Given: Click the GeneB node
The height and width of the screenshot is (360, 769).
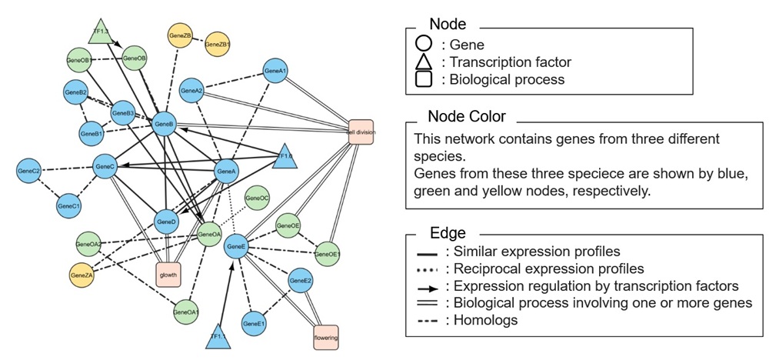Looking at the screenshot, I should coord(164,124).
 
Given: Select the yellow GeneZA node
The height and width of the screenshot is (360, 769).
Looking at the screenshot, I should coord(81,274).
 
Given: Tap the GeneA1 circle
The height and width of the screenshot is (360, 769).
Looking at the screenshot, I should coord(275,72).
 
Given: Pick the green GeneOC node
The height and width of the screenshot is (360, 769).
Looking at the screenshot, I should coord(257,198).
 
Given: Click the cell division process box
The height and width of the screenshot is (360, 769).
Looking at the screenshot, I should coord(361,132).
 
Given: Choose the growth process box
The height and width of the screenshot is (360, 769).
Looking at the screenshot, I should coord(168,275).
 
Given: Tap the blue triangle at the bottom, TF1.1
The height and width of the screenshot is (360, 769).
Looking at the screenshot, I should coord(219,335).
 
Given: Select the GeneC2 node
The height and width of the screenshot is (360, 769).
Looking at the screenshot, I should coord(28,170).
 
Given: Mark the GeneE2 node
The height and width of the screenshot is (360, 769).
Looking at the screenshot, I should coord(301,282).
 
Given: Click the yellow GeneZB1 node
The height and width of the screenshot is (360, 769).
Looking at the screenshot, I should coord(218,45).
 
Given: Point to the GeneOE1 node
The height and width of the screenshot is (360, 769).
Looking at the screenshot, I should coord(328,253).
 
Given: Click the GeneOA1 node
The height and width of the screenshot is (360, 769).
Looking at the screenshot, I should coord(186,312).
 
